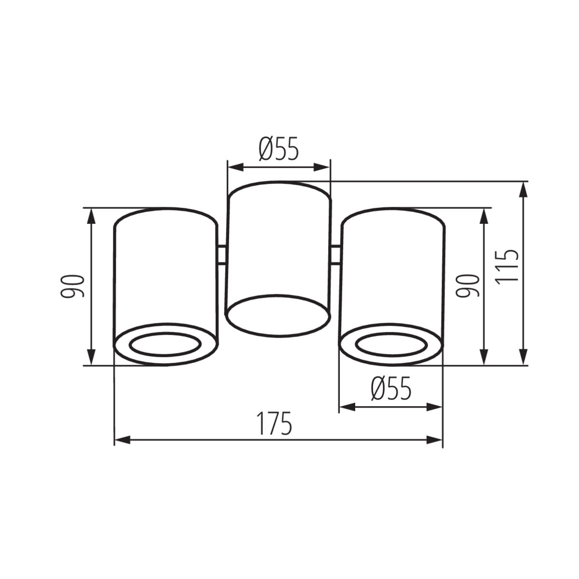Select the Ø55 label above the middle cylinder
click(278, 149)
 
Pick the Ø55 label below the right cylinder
click(391, 388)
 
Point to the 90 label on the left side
click(72, 286)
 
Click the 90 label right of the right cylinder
click(467, 286)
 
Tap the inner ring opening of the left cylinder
click(165, 345)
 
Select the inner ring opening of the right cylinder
click(391, 345)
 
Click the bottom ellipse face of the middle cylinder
click(278, 315)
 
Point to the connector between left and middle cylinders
click(222, 255)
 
